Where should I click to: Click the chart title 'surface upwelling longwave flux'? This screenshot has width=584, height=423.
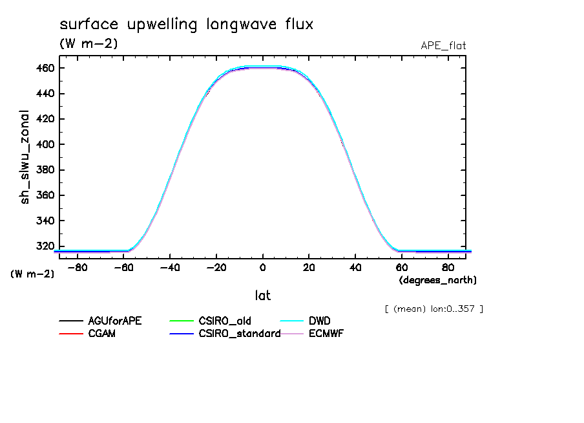tap(187, 25)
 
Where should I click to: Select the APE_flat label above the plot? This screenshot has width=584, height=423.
tap(443, 45)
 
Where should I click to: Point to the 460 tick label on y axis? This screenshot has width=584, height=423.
tap(44, 68)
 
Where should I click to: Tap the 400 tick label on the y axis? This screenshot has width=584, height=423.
tap(44, 144)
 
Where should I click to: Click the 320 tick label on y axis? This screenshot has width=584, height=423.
tap(44, 246)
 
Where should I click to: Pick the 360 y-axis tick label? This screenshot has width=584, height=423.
tap(44, 195)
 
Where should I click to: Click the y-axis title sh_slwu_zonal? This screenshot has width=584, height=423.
tap(25, 157)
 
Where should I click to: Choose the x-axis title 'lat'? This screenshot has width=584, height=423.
tap(262, 296)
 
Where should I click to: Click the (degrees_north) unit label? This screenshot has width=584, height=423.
tap(437, 280)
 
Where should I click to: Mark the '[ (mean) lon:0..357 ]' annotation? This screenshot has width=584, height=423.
tap(433, 309)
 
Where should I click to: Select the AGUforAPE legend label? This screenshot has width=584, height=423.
tap(115, 321)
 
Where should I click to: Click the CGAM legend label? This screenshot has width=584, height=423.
tap(102, 334)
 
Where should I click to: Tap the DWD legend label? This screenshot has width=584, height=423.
tap(320, 321)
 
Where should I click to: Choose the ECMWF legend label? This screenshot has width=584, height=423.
tap(326, 334)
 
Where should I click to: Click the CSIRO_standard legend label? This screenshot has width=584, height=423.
tap(238, 334)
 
